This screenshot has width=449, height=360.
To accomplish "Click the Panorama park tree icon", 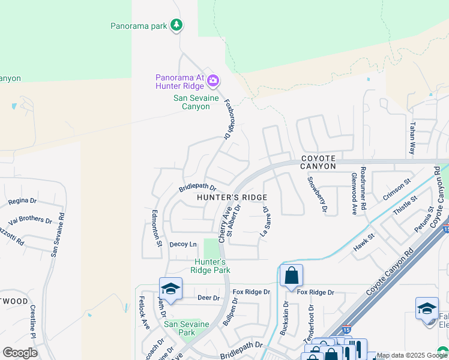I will (x=176, y=25).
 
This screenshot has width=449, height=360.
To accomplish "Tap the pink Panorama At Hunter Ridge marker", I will (x=212, y=80).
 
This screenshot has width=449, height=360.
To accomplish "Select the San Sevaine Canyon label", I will (x=191, y=102).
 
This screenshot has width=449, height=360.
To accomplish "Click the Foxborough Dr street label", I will (x=228, y=119).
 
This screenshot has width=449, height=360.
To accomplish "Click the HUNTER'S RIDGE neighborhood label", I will (x=232, y=197).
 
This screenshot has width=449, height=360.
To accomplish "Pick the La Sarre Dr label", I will (x=265, y=223).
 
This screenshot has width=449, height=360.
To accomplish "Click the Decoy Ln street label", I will (x=183, y=244).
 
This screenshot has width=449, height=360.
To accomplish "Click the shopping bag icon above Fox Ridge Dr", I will (x=291, y=276).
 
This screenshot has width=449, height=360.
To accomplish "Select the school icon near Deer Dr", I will (x=170, y=289).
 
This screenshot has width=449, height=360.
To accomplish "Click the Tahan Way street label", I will (x=412, y=139).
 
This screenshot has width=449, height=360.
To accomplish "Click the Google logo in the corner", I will (x=20, y=352).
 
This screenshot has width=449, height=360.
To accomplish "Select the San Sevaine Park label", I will (x=187, y=328).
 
